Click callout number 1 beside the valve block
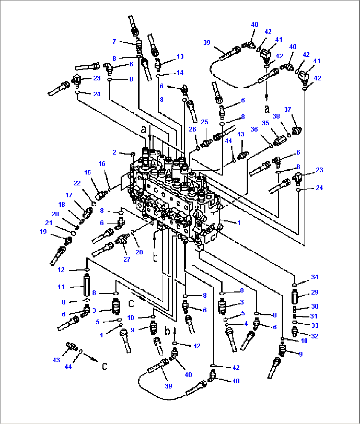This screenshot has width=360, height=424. point(239,223)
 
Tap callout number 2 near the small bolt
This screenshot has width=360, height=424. point(114,152)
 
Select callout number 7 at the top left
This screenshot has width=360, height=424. point(114,41)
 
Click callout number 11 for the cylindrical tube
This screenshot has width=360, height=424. point(61,287)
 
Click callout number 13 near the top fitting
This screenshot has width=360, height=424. point(180,57)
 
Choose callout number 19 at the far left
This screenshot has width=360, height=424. point(43,232)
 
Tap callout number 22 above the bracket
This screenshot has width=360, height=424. point(77,183)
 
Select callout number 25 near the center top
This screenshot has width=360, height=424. point(205,122)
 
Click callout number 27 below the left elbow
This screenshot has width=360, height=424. point(127,259)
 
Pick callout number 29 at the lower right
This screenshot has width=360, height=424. point(315,292)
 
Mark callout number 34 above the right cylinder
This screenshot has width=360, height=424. point(315,277)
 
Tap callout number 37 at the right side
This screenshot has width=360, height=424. point(288,109)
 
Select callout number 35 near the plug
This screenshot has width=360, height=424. point(266,123)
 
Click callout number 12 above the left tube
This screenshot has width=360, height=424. point(61,270)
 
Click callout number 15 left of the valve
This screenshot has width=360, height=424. point(87,173)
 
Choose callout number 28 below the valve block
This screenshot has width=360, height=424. point(139,252)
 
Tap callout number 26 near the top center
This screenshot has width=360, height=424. point(192,129)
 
